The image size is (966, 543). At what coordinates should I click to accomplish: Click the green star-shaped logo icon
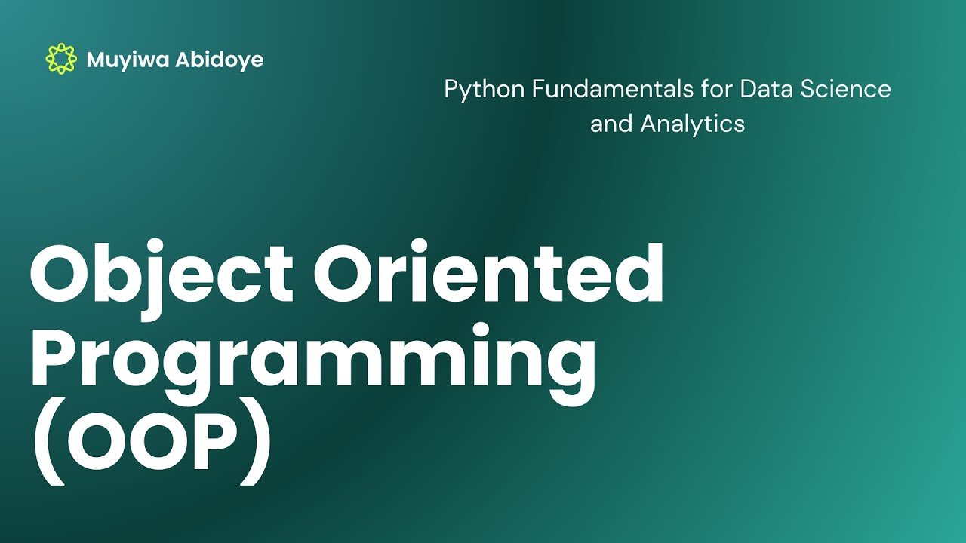(61, 59)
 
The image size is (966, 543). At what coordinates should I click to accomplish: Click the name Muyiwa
(128, 60)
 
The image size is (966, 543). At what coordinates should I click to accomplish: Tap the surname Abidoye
(219, 60)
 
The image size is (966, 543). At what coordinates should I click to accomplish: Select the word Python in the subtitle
(485, 90)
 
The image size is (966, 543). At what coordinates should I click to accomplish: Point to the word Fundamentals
(613, 89)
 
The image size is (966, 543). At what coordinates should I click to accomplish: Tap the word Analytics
(693, 125)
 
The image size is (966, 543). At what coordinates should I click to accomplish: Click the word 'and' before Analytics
(611, 124)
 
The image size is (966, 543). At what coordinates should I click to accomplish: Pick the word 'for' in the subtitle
(717, 89)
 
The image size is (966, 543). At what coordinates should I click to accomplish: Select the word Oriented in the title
(488, 272)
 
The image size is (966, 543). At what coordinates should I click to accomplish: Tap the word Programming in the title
(313, 362)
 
